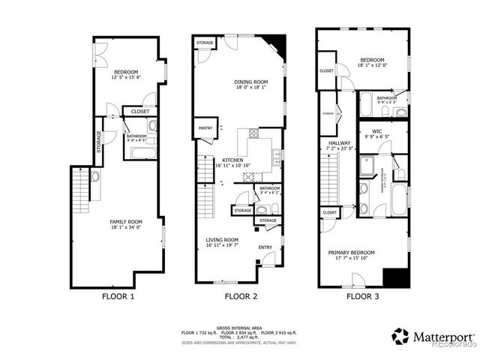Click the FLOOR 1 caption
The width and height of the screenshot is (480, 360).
[118, 296]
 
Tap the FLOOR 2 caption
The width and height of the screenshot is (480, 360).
[241, 296]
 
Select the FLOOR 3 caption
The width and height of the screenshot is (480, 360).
[362, 296]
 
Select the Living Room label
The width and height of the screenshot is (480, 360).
[222, 241]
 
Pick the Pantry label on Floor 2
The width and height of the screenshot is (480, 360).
[205, 128]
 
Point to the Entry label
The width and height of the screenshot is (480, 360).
[265, 247]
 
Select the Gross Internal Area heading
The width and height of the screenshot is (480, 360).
[240, 327]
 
